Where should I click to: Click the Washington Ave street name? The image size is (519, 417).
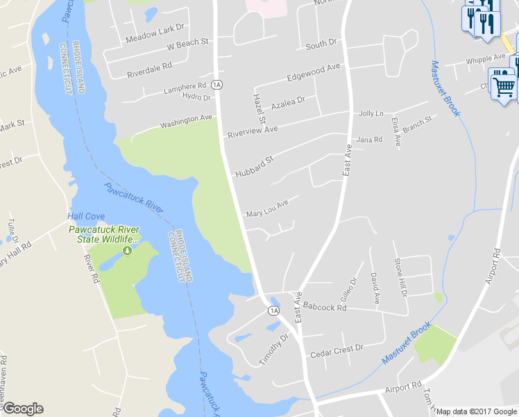186,122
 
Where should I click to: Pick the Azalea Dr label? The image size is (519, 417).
288,104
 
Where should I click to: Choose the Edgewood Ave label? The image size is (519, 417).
314,72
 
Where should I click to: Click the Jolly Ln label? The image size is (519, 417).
371,113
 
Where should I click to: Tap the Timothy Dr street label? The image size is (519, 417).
273,348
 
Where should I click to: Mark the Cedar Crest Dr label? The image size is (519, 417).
337,351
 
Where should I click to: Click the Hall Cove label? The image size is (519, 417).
85,216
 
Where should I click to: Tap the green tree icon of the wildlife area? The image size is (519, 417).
127,250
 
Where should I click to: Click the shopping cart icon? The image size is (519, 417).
504,87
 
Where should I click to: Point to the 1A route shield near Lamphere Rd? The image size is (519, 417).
217,85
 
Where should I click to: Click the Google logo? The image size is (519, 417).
22,409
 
